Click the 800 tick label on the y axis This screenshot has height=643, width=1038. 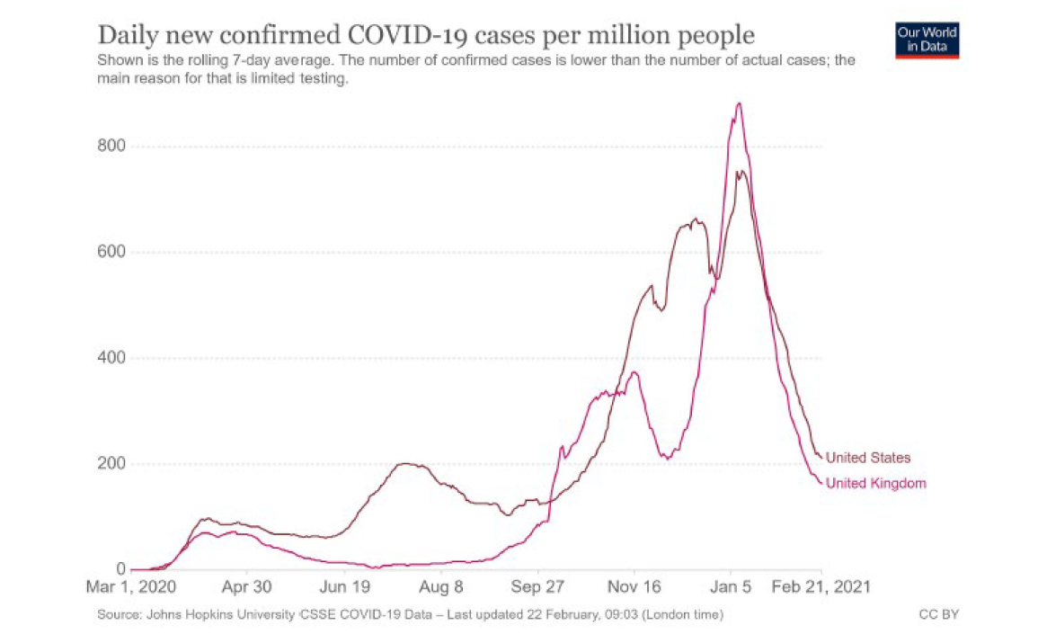point(110,146)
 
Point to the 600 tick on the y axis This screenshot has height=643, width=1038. point(110,252)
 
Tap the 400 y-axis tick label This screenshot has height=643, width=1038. point(110,358)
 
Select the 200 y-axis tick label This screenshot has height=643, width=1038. point(110,464)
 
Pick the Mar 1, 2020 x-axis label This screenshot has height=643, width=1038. point(131,586)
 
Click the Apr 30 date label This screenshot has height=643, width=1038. point(246,586)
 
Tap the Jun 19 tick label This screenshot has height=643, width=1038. point(345,586)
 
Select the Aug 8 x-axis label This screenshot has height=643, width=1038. point(441,586)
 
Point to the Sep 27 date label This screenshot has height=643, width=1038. point(537,586)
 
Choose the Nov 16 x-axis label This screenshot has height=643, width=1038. point(634,586)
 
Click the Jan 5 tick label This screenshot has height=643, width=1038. point(731,586)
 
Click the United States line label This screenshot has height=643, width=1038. point(868,458)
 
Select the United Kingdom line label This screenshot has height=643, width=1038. point(875,484)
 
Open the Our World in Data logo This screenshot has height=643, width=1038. point(927,40)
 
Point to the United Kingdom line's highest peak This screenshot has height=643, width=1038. point(739,103)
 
